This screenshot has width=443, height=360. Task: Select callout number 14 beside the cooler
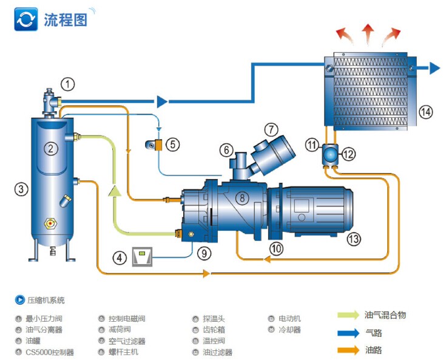click(x=425, y=112)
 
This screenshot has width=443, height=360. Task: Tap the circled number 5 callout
click(x=173, y=144)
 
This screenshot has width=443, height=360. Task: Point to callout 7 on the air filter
click(x=271, y=129)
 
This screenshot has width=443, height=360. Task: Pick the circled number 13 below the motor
click(x=353, y=239)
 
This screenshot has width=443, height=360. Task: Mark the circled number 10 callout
click(x=276, y=248)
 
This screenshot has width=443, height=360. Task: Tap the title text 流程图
click(x=65, y=19)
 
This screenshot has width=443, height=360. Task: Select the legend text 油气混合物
click(x=385, y=314)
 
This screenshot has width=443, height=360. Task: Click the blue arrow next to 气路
click(x=349, y=333)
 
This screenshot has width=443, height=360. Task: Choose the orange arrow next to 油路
click(x=349, y=350)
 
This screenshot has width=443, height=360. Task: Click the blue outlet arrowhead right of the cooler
click(x=435, y=67)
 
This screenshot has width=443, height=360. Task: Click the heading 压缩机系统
click(x=46, y=300)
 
